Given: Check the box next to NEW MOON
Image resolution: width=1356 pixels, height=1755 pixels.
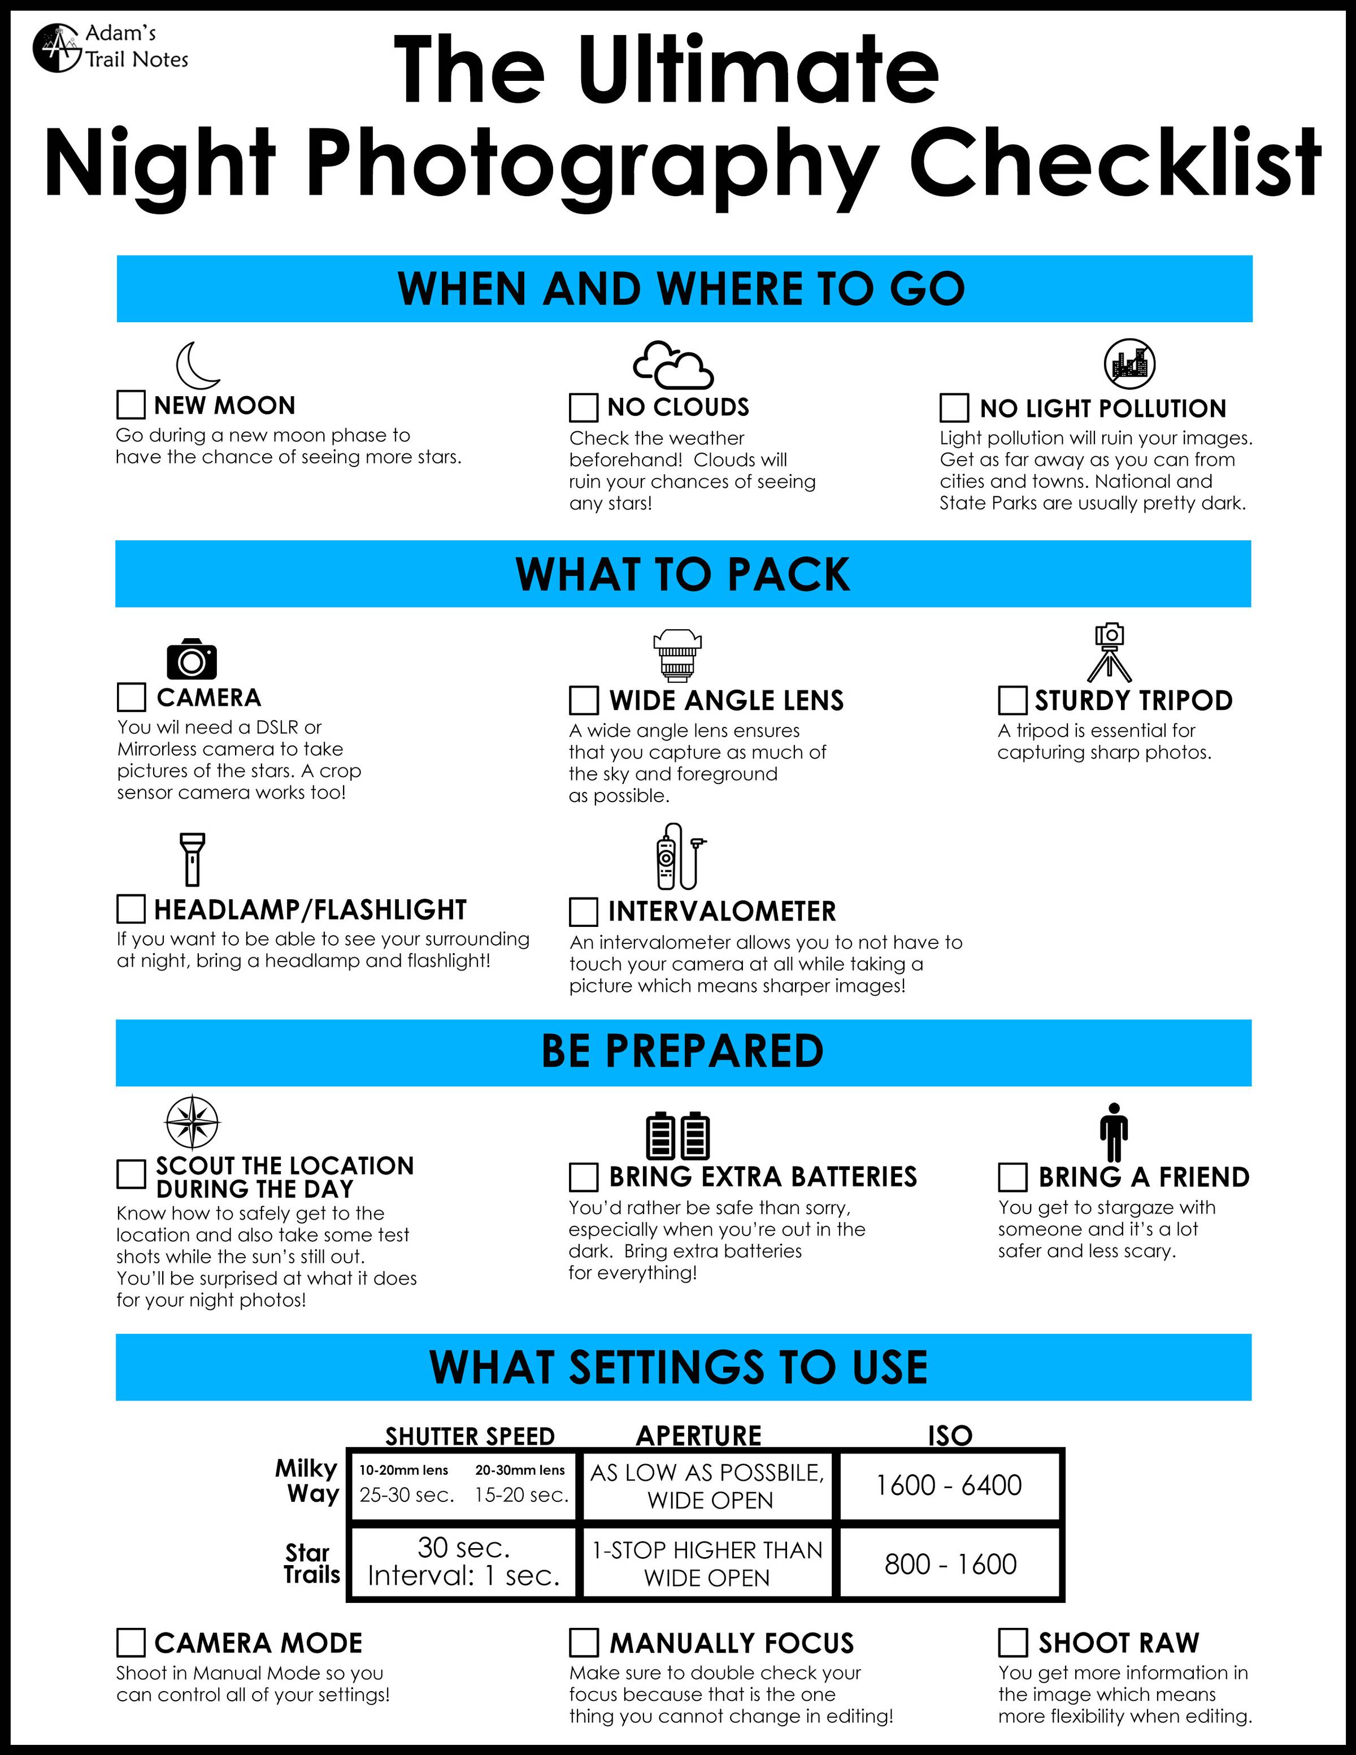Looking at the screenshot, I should (x=131, y=405).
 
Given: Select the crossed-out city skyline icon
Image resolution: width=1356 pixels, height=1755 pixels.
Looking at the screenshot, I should (x=1129, y=364).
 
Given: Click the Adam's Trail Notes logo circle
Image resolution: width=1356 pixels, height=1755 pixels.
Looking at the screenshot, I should (x=57, y=48).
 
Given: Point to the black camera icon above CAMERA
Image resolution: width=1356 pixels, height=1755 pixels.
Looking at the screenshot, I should (x=192, y=659).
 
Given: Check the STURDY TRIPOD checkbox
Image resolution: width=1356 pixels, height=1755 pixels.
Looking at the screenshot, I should (x=1012, y=700).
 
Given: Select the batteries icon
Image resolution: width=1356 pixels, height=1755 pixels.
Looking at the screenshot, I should (x=678, y=1136).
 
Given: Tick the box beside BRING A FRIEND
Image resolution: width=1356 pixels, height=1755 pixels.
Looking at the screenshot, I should (x=1012, y=1177).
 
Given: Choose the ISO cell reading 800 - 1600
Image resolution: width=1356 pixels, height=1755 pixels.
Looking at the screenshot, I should (x=950, y=1564).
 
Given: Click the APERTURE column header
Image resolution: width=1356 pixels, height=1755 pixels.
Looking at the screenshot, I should (x=699, y=1435).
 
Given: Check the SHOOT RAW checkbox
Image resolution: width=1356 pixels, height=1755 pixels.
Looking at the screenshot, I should (x=1012, y=1643).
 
